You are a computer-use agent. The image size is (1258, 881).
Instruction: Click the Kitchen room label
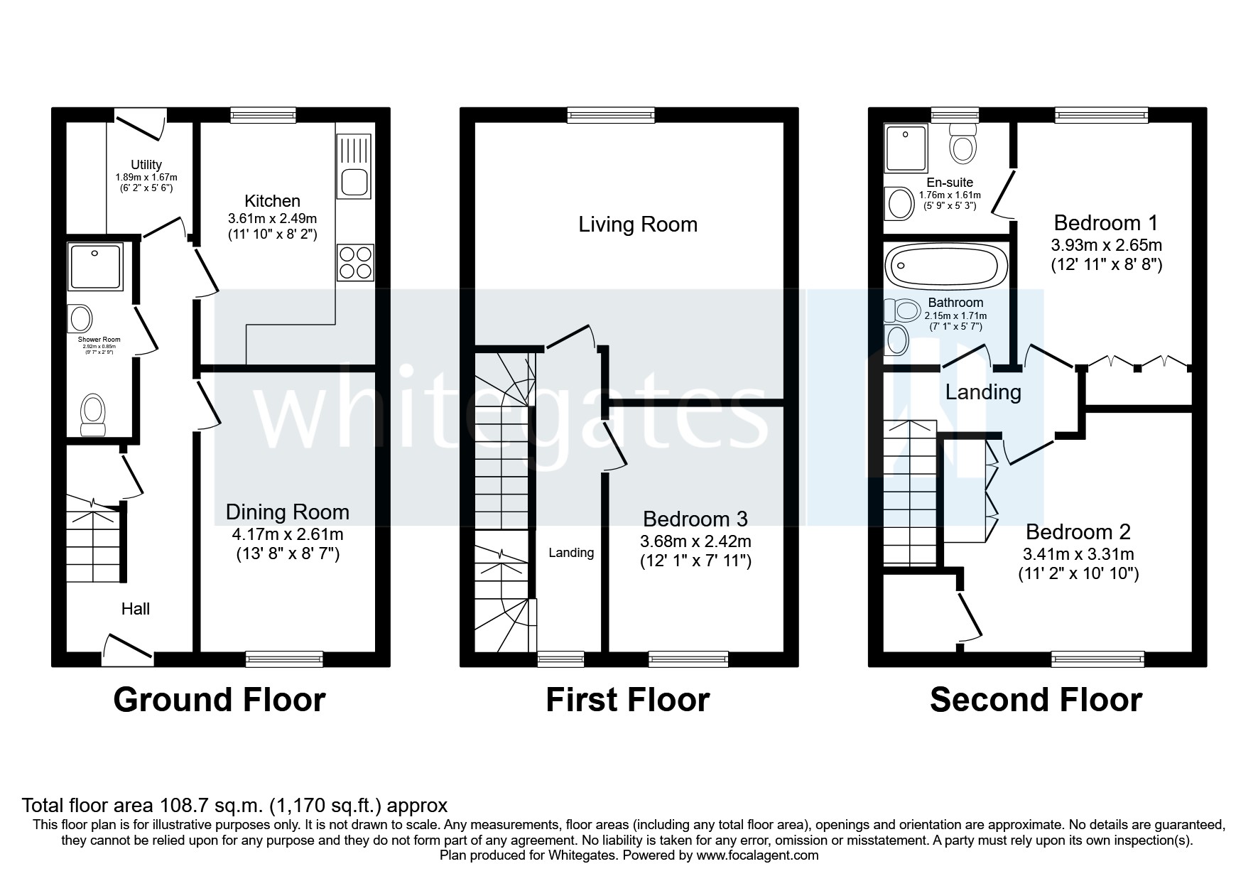(x=272, y=201)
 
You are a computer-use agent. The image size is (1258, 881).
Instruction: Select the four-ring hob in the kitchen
(x=355, y=262)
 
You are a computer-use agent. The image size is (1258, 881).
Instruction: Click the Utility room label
(x=146, y=165)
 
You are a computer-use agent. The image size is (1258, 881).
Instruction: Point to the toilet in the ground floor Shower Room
(x=93, y=414)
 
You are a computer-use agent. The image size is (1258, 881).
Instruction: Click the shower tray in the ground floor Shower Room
(x=96, y=266)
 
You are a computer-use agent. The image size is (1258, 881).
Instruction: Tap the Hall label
(x=136, y=609)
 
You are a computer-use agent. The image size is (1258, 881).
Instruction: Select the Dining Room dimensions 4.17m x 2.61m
(x=288, y=534)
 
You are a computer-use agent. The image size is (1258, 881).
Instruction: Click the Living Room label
(x=638, y=225)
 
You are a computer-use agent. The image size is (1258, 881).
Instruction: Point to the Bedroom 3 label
(x=695, y=519)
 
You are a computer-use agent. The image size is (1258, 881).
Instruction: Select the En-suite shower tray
(x=906, y=149)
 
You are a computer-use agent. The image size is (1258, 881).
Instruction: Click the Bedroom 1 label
(x=1106, y=223)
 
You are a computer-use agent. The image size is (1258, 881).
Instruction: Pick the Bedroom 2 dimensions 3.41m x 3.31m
(x=1078, y=554)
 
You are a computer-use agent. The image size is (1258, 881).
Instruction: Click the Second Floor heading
(x=1036, y=700)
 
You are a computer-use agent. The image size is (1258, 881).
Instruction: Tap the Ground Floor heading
(x=219, y=700)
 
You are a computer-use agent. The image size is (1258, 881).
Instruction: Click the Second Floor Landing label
(x=983, y=392)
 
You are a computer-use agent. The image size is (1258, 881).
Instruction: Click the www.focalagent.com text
(x=757, y=855)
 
